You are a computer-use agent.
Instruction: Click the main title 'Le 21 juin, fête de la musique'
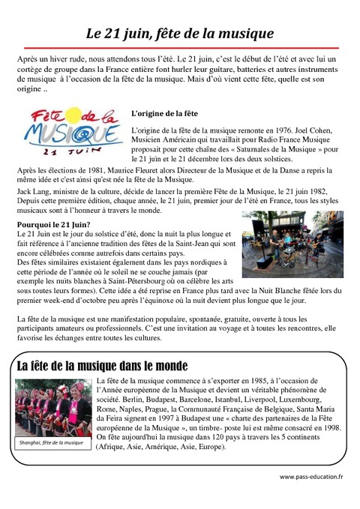[x=179, y=34]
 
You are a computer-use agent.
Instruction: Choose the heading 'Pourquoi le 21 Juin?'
[x=53, y=224]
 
